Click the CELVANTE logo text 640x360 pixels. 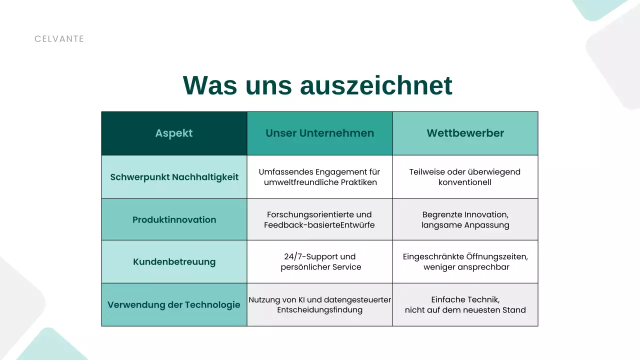(59, 39)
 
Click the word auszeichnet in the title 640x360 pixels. (376, 85)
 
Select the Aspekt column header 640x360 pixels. (174, 133)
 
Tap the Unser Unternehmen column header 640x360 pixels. (319, 133)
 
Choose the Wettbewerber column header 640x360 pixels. (465, 133)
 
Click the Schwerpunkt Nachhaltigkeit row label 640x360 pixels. (174, 177)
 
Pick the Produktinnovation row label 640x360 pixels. (174, 219)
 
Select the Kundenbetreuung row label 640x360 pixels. (174, 262)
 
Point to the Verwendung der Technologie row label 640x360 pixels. (174, 305)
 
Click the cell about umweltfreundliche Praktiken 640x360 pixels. (319, 177)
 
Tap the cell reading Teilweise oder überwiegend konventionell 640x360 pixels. (465, 177)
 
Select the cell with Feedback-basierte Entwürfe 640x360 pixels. (319, 219)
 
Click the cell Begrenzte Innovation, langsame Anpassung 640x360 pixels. (465, 219)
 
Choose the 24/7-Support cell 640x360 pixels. (319, 262)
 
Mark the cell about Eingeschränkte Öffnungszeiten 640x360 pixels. (465, 262)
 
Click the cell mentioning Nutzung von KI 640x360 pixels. (319, 304)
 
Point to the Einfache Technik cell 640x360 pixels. (465, 304)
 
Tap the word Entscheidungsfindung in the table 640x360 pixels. (319, 310)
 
